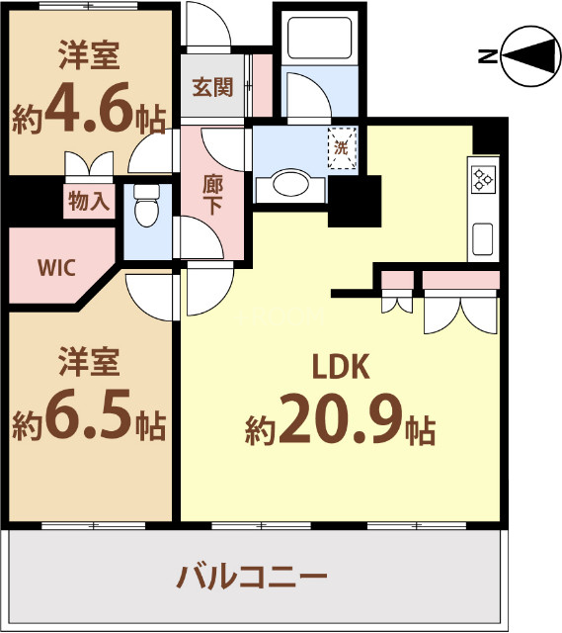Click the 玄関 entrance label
(x=211, y=87)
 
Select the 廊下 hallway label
(x=212, y=194)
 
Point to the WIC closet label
(x=55, y=268)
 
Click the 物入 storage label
(x=90, y=202)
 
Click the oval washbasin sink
(x=289, y=185)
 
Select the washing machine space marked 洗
(x=341, y=149)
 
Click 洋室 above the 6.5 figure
(x=88, y=362)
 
